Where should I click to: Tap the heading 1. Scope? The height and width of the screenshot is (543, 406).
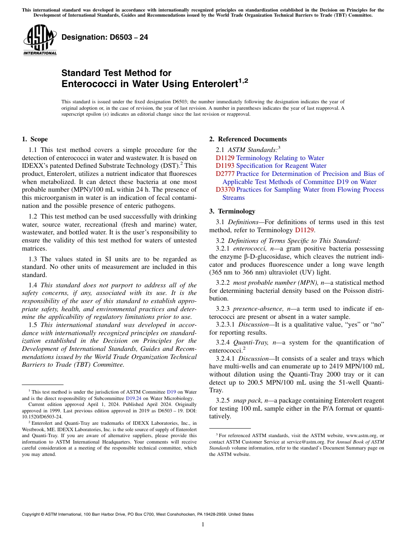point(35,139)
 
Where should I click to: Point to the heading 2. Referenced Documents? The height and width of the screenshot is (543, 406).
point(248,139)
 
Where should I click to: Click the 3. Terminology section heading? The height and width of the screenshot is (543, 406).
point(232,211)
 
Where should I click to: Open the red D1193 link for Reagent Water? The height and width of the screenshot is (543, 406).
point(225,166)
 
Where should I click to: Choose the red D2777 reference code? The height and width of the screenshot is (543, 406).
point(225,174)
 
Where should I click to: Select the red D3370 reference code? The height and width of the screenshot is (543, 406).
point(225,190)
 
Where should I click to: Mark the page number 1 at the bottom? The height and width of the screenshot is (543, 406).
point(203,525)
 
